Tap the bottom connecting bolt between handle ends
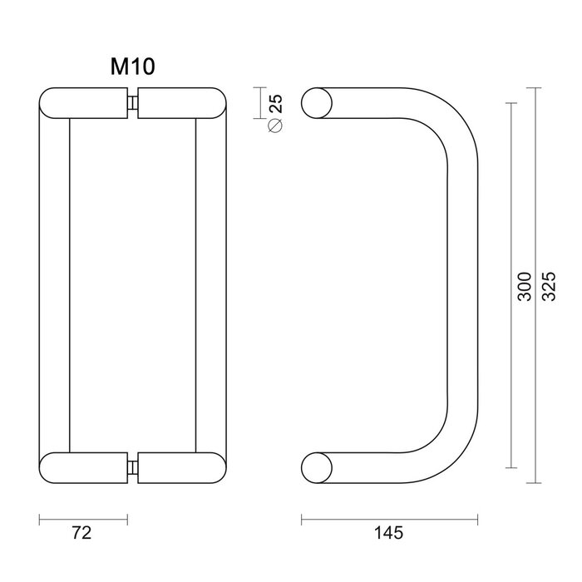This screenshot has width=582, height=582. pos(133,467)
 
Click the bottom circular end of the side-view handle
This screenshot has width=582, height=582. pos(316,467)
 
